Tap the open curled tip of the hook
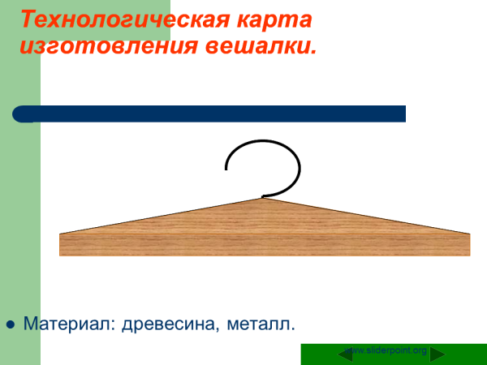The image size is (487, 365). coord(226,169)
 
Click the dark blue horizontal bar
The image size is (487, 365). coord(211,114)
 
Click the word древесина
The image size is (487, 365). coord(170,324)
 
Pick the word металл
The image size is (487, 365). coord(261,324)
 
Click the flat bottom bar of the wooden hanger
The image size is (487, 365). coord(265,245)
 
